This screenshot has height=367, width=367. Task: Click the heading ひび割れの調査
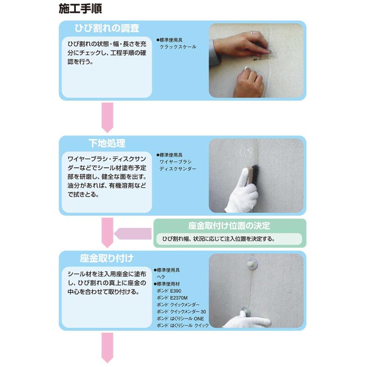(x=107, y=28)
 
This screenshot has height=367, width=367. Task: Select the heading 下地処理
(x=107, y=143)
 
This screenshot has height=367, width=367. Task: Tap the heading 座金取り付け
(x=106, y=259)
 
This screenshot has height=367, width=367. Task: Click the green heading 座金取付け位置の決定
(x=229, y=226)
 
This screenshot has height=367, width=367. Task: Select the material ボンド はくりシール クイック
(x=182, y=325)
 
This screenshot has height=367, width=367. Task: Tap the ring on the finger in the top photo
(x=252, y=32)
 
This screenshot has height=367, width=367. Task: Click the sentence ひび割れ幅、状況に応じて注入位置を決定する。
(x=218, y=239)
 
